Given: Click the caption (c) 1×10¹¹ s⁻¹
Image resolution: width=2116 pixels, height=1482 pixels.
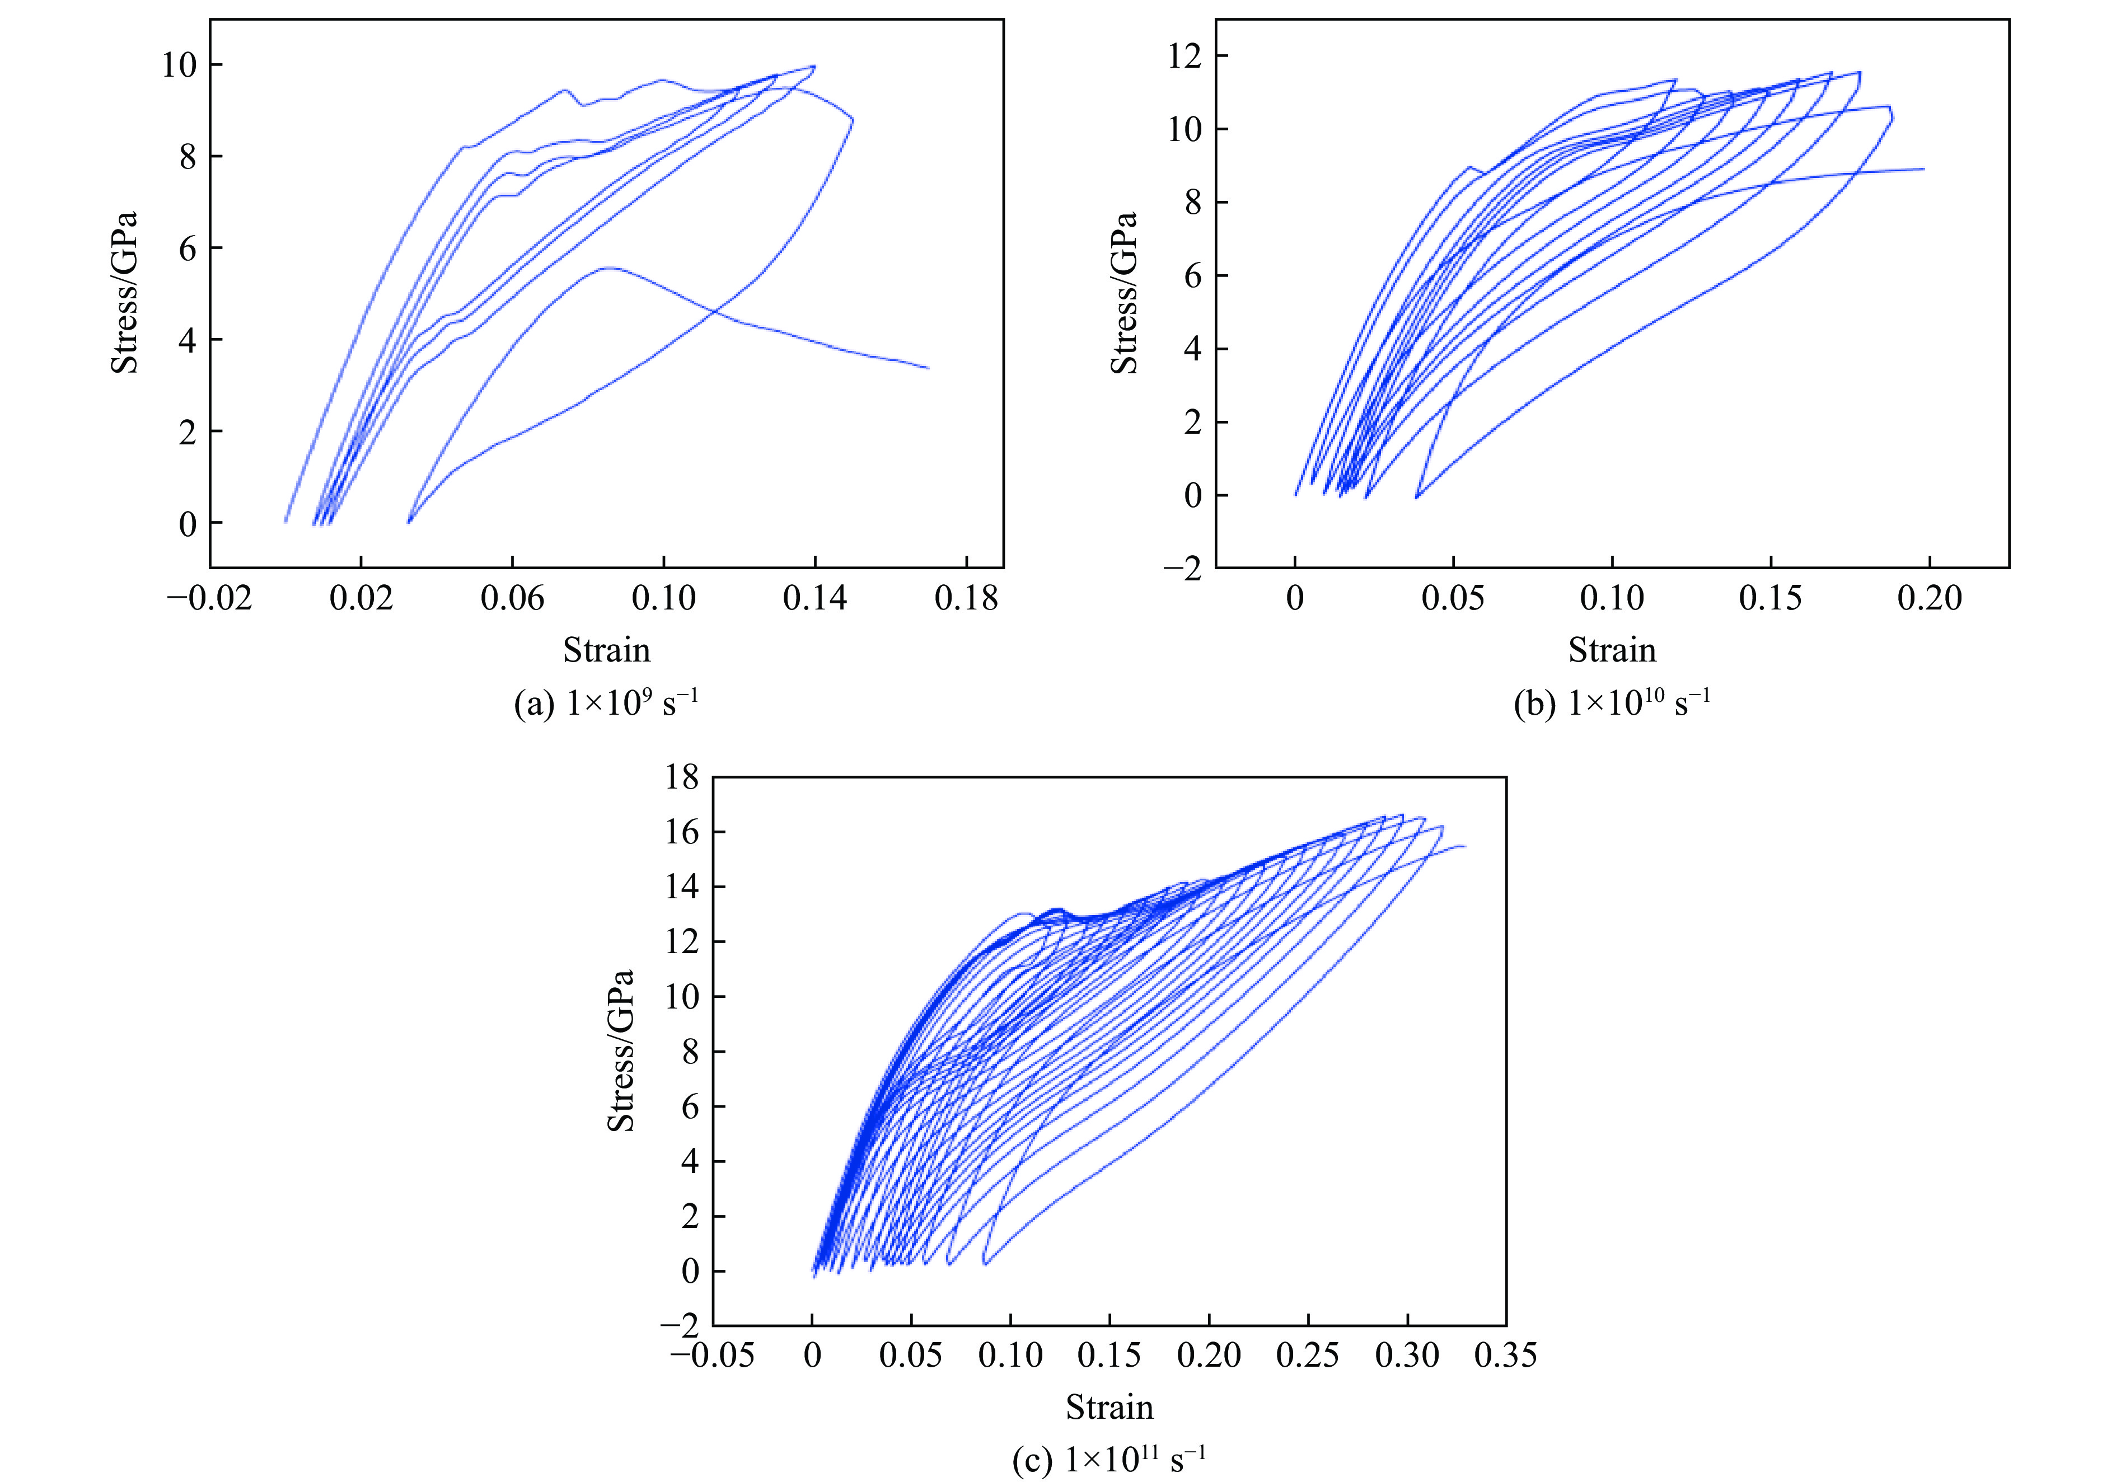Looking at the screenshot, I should click(x=1109, y=1460).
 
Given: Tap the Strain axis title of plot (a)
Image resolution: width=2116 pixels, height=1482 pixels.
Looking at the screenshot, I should click(x=606, y=651).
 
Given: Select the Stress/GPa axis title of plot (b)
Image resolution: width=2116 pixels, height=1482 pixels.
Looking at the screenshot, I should click(x=1125, y=293).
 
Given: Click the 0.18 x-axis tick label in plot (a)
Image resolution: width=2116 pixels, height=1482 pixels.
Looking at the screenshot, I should click(x=966, y=599).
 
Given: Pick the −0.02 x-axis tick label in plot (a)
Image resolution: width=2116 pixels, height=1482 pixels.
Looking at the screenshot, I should click(x=209, y=599).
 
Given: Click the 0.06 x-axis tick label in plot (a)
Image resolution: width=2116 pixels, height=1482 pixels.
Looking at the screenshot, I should click(x=512, y=599).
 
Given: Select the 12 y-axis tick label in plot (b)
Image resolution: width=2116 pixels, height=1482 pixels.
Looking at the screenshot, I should click(x=1185, y=56).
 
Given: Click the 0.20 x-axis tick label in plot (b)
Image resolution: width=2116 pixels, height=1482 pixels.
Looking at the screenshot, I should click(x=1929, y=599).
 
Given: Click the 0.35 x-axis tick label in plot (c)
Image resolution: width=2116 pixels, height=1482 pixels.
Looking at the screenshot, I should click(x=1505, y=1356).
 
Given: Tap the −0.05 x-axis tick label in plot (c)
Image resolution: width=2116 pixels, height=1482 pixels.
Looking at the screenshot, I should click(x=713, y=1356).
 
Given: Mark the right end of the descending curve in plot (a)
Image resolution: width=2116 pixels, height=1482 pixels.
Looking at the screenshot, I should click(x=928, y=368).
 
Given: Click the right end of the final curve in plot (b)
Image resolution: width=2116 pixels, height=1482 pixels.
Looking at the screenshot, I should click(x=1923, y=168).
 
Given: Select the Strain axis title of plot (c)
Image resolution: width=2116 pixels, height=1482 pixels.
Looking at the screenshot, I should click(x=1110, y=1408).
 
